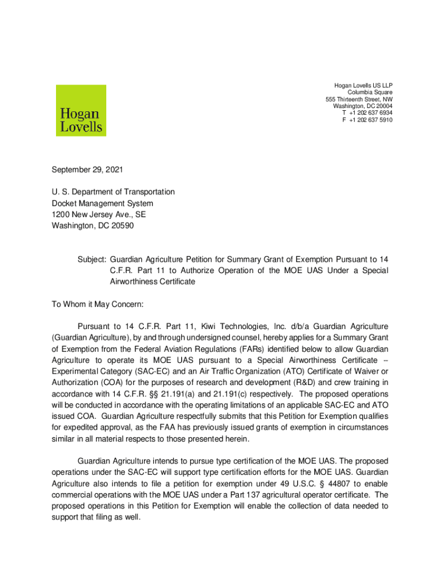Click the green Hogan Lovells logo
81,110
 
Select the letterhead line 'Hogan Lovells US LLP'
363,86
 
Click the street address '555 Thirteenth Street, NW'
355,99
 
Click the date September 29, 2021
87,170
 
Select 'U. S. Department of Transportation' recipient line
113,192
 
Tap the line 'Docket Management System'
102,203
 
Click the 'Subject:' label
91,258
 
